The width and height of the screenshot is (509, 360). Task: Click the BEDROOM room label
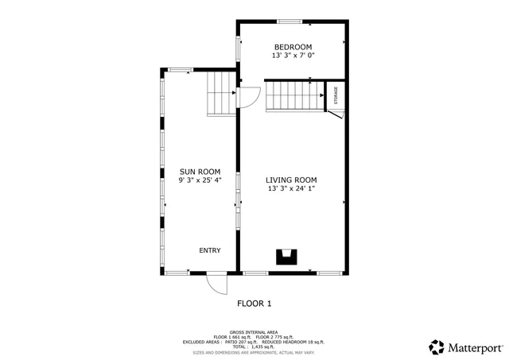click(292, 47)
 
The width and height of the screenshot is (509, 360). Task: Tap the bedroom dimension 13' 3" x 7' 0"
click(292, 56)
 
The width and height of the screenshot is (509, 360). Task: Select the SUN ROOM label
click(199, 172)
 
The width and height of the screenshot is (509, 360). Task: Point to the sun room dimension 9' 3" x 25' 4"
click(199, 181)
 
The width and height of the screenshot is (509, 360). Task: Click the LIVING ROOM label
click(291, 180)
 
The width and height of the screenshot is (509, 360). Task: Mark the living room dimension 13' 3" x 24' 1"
click(291, 189)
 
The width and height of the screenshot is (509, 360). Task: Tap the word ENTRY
click(210, 250)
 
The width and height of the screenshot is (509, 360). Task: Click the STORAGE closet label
click(336, 95)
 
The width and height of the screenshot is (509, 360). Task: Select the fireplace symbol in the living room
click(286, 256)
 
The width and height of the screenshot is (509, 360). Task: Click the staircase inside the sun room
click(220, 94)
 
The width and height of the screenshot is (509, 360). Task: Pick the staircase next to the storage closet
click(293, 95)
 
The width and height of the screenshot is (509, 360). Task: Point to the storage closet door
click(336, 116)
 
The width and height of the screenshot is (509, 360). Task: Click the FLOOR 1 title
click(254, 304)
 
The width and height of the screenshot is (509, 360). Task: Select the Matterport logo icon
click(437, 347)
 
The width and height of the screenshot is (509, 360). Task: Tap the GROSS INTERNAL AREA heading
click(254, 332)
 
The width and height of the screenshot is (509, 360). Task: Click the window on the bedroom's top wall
click(289, 21)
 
